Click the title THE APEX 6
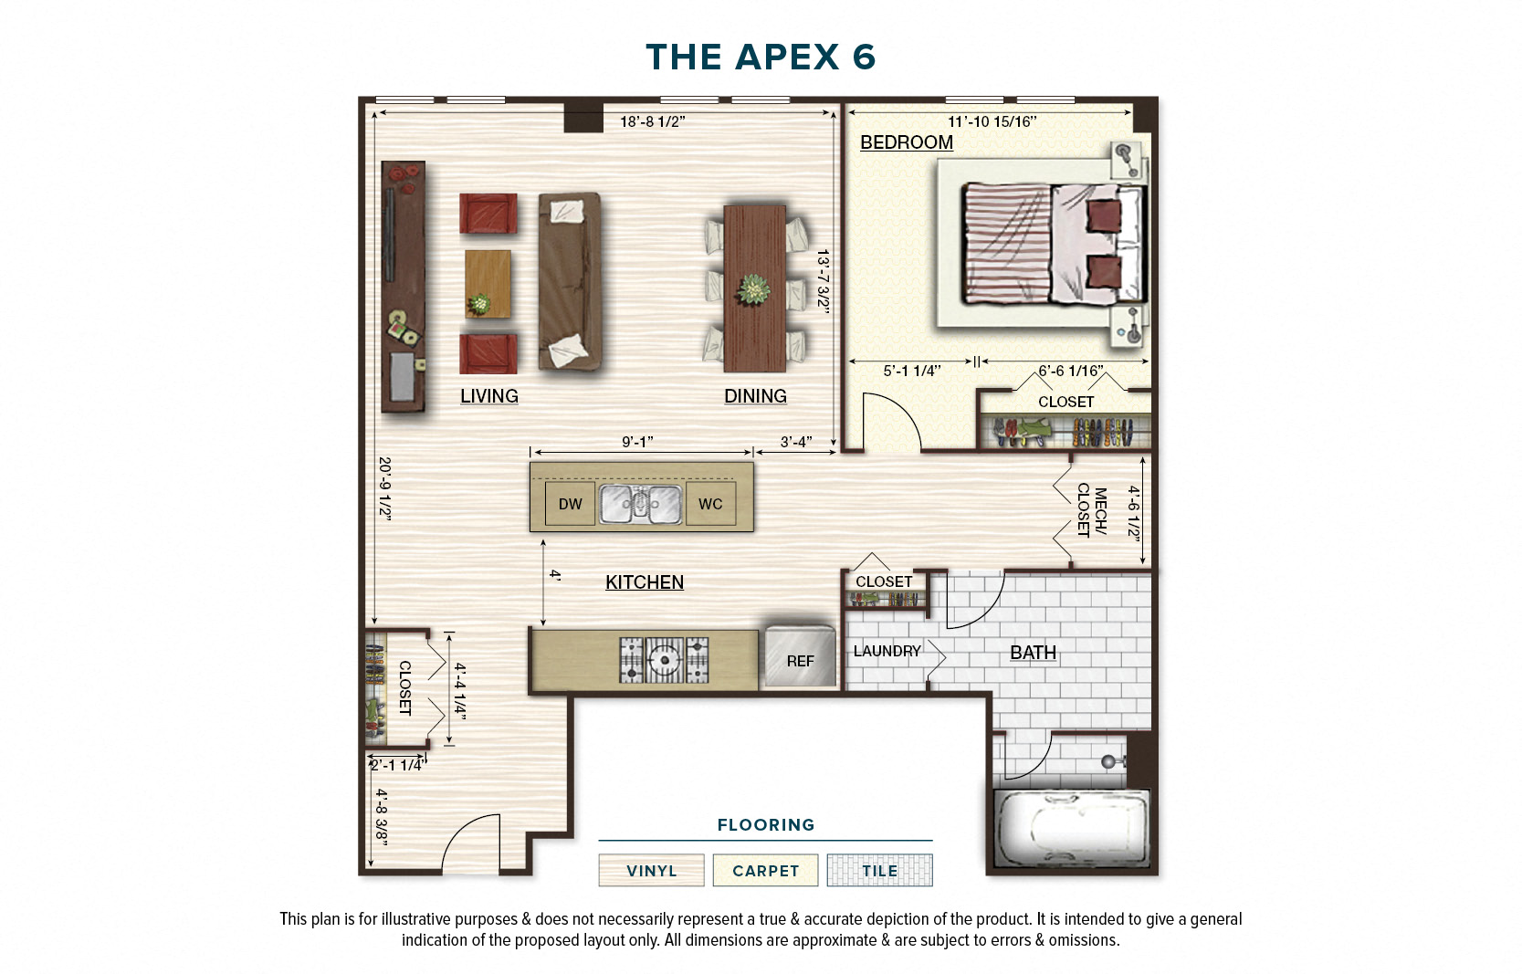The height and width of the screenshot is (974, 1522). [x=760, y=58]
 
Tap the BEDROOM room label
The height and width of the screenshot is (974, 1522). [x=906, y=142]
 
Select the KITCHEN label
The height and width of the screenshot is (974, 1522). [x=644, y=582]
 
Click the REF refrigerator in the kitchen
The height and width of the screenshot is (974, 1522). [x=800, y=657]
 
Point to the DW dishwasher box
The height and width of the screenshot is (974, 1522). [x=570, y=504]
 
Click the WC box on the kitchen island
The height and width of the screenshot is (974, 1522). [x=709, y=504]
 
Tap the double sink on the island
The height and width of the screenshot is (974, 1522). [x=640, y=504]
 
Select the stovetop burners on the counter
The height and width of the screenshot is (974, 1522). [x=664, y=659]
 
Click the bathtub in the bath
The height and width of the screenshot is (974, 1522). [x=1070, y=828]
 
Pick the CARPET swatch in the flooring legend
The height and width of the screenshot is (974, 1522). [x=765, y=870]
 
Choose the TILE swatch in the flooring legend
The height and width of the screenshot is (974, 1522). [x=879, y=870]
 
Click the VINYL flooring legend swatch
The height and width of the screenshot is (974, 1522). [x=651, y=870]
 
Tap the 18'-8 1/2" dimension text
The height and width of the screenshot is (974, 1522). [x=652, y=122]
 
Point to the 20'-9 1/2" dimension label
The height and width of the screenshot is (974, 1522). [x=385, y=487]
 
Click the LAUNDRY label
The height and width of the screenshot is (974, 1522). [x=887, y=651]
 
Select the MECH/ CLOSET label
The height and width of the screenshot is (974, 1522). [x=1091, y=510]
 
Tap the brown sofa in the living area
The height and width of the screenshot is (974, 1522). [x=569, y=281]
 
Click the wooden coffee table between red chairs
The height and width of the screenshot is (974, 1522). [x=488, y=283]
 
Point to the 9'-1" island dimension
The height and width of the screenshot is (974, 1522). [x=637, y=442]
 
